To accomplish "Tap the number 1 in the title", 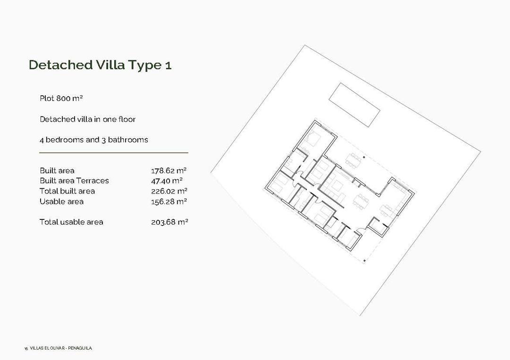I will pos(168,65).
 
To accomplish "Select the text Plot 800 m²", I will pos(61,99).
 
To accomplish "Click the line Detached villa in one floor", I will pos(87,119).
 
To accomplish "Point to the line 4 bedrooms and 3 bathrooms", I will pos(93,140).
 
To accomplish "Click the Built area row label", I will pos(57,170).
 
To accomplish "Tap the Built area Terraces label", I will pos(74,181).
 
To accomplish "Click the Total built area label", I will pos(67,191).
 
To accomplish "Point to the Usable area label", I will pos(61,201).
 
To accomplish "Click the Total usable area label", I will pos(71,222).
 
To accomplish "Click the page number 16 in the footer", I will pos(26,349).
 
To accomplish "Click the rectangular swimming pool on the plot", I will pos(354,105).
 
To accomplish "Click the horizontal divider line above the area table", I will pos(113,153).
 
